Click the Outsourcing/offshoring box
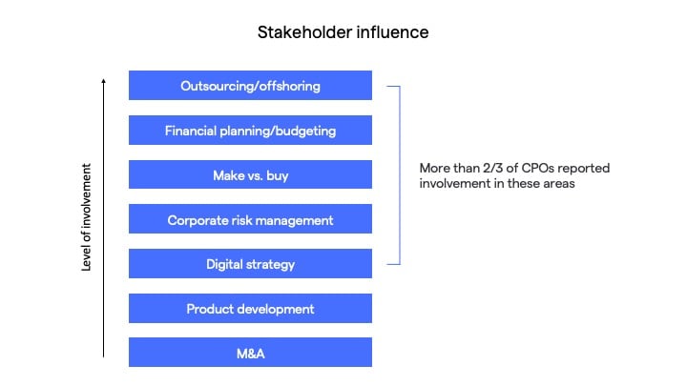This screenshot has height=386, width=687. click(x=250, y=86)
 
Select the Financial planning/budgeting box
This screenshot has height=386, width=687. click(x=250, y=130)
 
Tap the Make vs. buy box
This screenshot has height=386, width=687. click(x=250, y=174)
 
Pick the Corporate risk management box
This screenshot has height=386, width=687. click(x=250, y=219)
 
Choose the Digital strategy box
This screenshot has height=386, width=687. click(x=250, y=263)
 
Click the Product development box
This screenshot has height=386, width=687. click(x=250, y=308)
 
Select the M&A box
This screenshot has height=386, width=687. click(x=250, y=353)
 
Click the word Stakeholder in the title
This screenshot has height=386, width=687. click(x=304, y=32)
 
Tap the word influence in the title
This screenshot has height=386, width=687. click(x=392, y=32)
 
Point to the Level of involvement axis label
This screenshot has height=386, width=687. click(x=86, y=217)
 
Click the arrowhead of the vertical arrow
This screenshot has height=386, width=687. click(x=103, y=81)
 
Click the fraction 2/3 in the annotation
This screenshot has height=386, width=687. click(x=493, y=168)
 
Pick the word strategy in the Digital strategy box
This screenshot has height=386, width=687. click(x=270, y=265)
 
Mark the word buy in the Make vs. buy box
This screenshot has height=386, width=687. click(x=278, y=176)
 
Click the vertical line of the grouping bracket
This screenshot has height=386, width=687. click(x=400, y=175)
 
